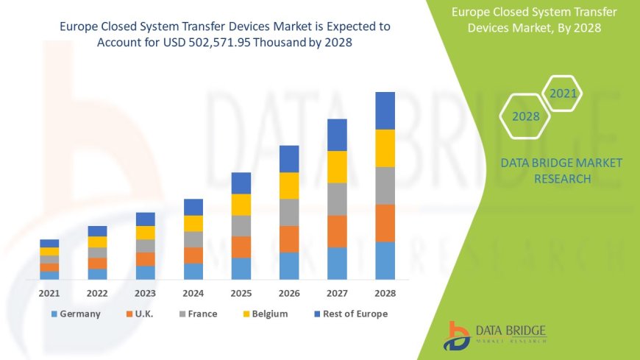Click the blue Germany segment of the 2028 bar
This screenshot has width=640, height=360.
tap(385, 261)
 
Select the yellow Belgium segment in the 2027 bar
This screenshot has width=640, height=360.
tap(337, 166)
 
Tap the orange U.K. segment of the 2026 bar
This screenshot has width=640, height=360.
tap(289, 239)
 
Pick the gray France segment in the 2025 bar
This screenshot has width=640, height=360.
tap(241, 225)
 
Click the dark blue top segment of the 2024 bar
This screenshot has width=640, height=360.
tap(193, 207)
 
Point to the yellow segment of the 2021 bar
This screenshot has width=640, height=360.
tap(49, 251)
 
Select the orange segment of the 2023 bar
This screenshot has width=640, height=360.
tap(146, 258)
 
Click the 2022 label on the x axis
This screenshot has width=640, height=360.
tap(97, 293)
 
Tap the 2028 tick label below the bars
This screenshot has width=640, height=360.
tap(385, 293)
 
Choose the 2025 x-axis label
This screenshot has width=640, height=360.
tap(241, 293)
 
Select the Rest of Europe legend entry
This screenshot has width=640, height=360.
tap(350, 314)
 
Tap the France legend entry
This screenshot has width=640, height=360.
tap(196, 314)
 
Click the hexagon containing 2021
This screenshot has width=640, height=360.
tap(563, 93)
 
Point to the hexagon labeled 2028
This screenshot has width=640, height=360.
tap(526, 116)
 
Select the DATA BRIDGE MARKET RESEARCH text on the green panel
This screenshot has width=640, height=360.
tap(561, 170)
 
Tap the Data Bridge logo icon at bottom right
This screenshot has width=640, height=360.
tap(458, 335)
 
